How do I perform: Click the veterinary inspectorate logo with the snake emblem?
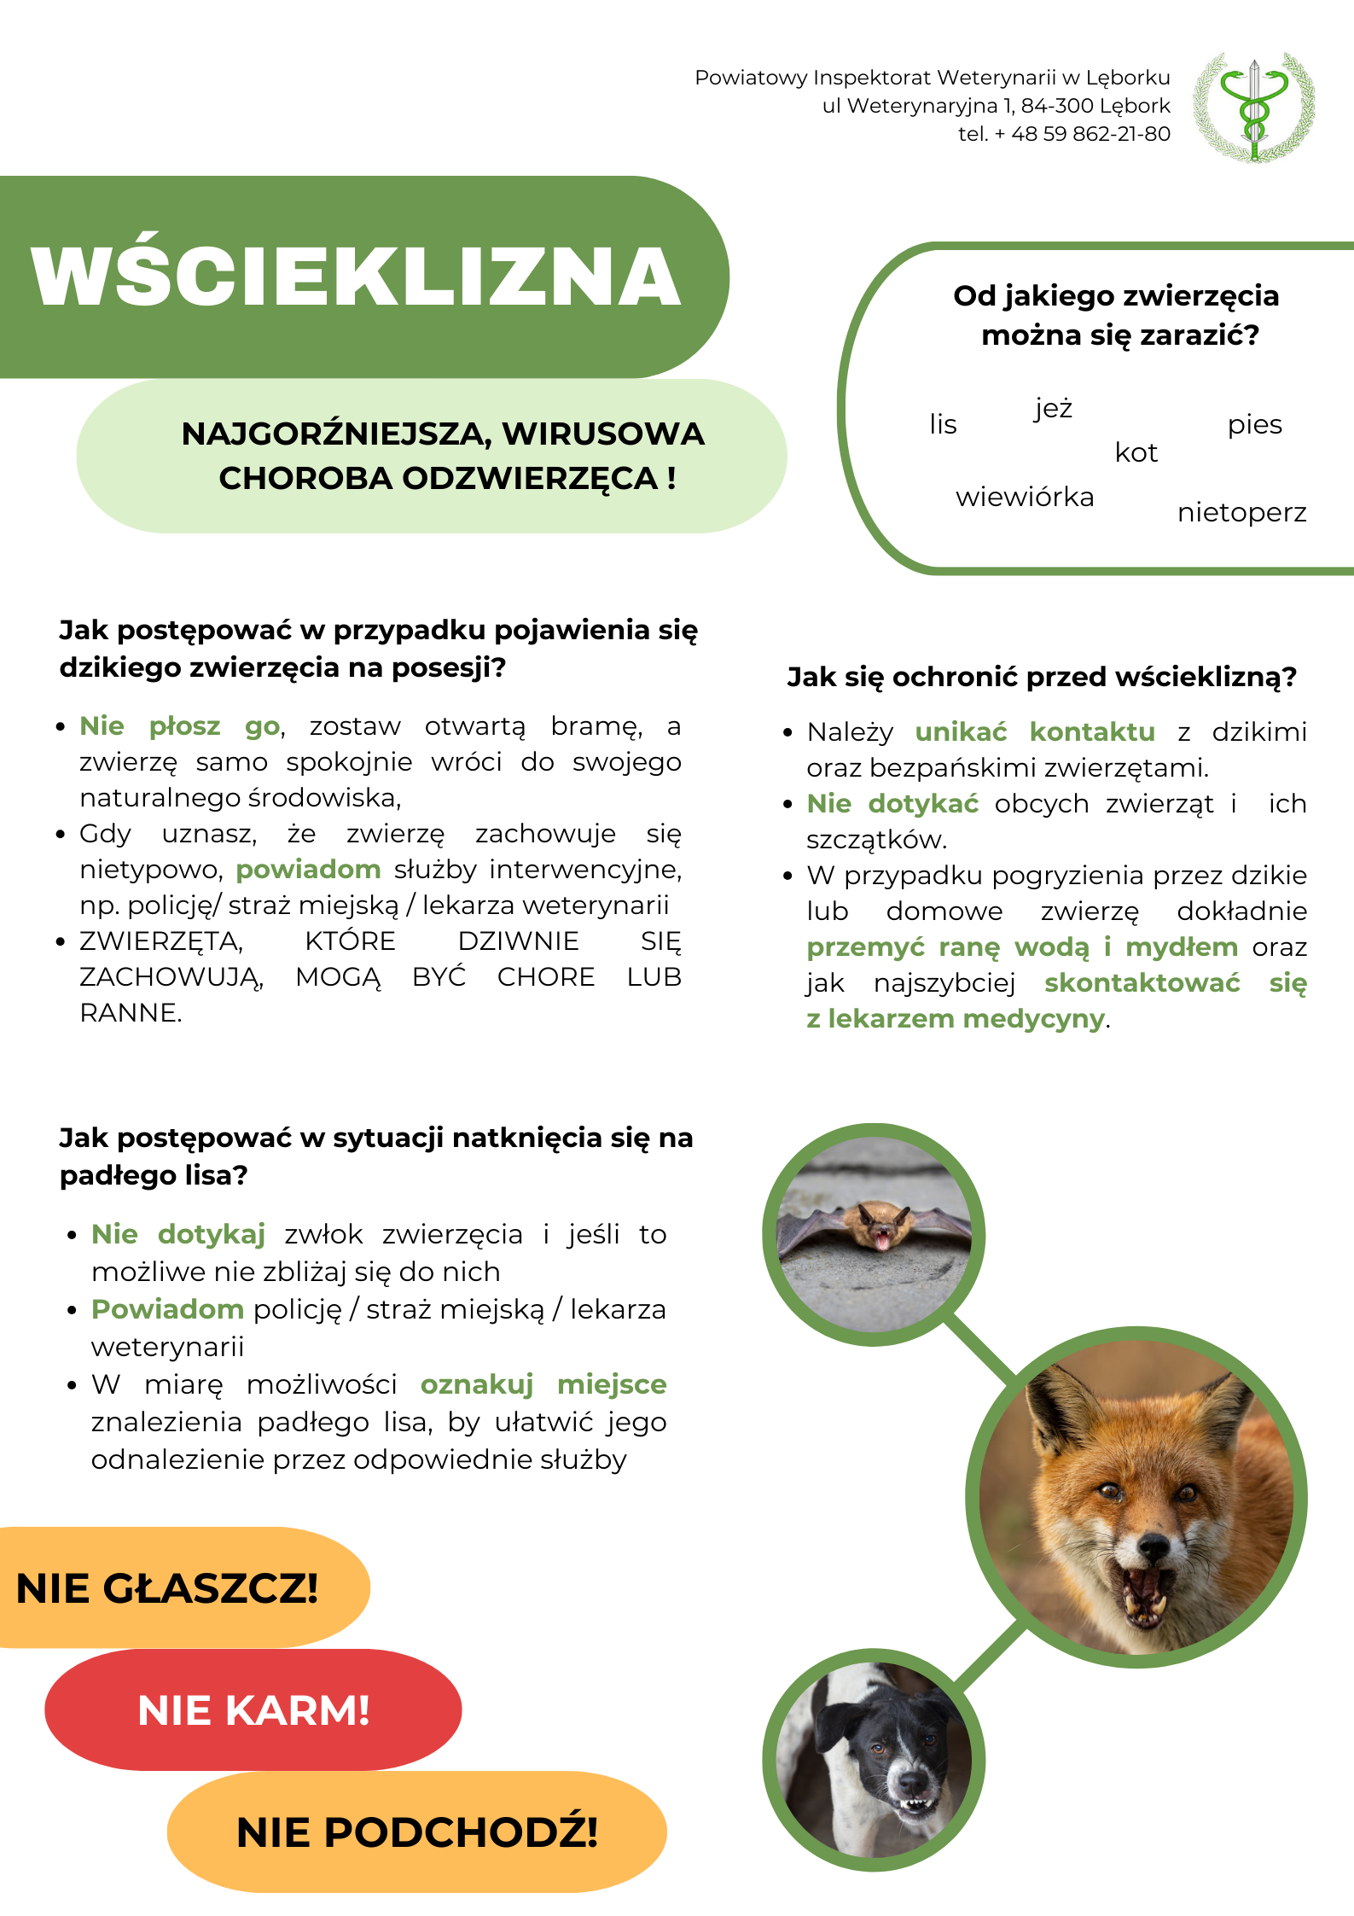click(x=1253, y=108)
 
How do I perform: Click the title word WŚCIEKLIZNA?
click(x=356, y=277)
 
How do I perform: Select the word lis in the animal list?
click(x=943, y=424)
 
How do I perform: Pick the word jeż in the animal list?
click(x=1053, y=409)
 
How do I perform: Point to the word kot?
click(x=1136, y=452)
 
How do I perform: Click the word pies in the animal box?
click(x=1254, y=424)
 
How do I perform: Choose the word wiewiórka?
click(x=1024, y=497)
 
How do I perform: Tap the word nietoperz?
click(x=1241, y=512)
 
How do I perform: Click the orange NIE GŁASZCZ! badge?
click(x=168, y=1588)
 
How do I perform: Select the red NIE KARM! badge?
click(x=253, y=1710)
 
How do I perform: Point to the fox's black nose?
click(x=1154, y=1543)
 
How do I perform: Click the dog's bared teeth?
click(x=915, y=1803)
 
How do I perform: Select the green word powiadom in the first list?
click(x=308, y=870)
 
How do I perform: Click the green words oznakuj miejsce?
click(x=543, y=1384)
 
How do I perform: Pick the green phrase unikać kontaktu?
click(x=1034, y=732)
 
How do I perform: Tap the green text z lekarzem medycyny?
click(x=956, y=1019)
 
